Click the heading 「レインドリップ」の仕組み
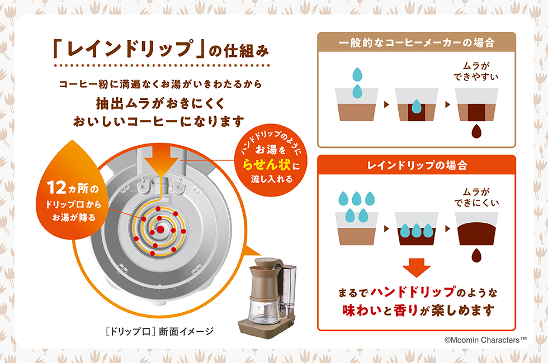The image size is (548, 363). [x=161, y=49]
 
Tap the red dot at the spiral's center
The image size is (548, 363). [x=160, y=230]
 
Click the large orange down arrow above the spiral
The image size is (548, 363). [x=162, y=161]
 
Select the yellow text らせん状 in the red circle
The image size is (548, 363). [x=267, y=164]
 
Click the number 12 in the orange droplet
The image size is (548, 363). [x=56, y=188]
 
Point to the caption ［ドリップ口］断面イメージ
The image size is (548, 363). [x=160, y=331]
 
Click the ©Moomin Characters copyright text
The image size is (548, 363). [x=485, y=340]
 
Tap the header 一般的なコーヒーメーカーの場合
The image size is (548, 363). [x=417, y=42]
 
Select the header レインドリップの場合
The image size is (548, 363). [x=417, y=165]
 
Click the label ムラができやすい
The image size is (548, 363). [x=476, y=71]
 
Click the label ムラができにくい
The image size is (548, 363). [x=476, y=197]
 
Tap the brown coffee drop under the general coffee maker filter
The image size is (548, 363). [x=476, y=131]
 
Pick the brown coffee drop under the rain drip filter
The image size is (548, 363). [x=476, y=256]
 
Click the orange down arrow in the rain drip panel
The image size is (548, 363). [x=416, y=268]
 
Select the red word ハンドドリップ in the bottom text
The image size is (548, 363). [x=413, y=292]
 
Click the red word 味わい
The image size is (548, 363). [x=361, y=310]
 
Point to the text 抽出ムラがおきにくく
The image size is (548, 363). [x=160, y=103]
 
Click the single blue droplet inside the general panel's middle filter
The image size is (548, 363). [x=416, y=107]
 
